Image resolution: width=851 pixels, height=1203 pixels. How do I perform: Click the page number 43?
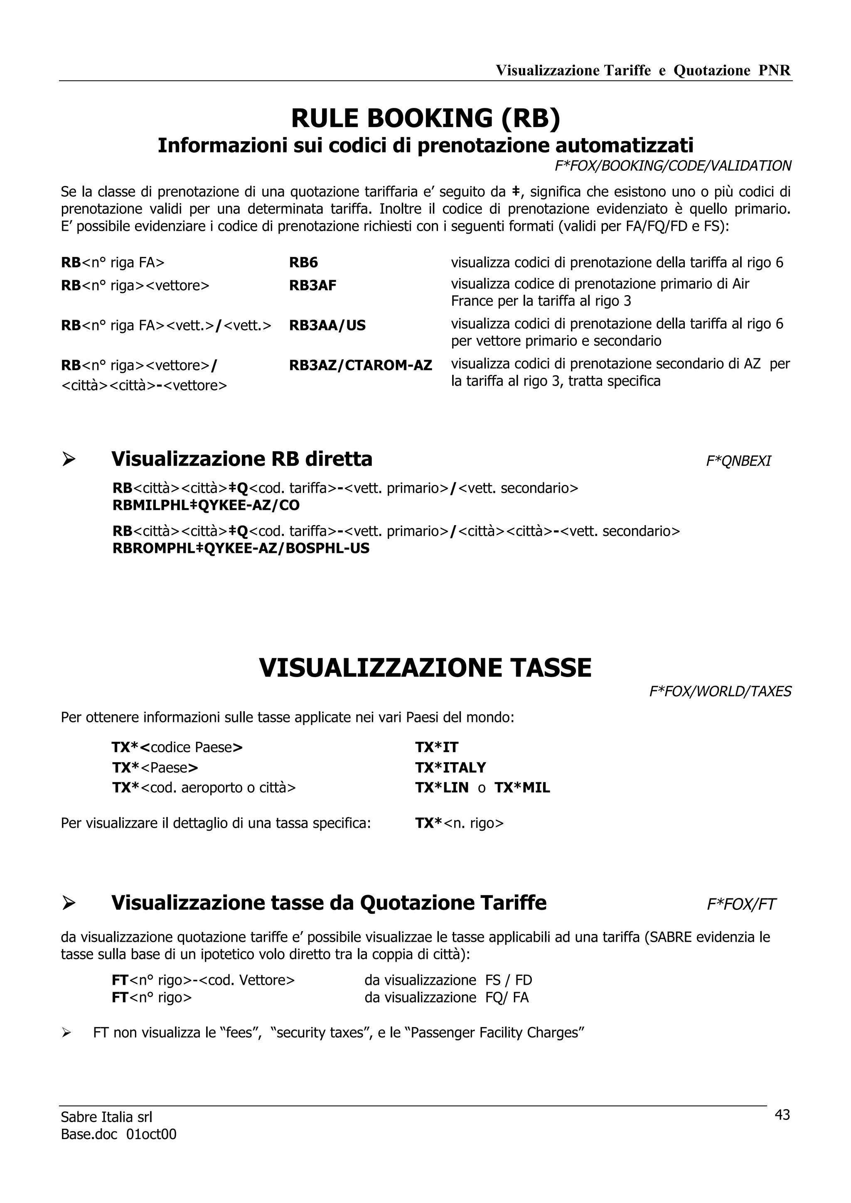click(x=782, y=1115)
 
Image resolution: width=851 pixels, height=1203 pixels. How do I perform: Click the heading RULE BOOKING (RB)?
click(x=425, y=118)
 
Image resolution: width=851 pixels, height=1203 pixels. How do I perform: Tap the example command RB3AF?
click(x=312, y=286)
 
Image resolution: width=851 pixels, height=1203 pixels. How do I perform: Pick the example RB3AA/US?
click(x=327, y=325)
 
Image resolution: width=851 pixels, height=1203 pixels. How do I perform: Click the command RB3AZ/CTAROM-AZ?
click(x=360, y=365)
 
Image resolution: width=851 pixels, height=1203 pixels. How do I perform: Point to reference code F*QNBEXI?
click(x=738, y=461)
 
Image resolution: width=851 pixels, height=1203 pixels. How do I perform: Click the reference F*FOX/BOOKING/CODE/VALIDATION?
click(x=673, y=166)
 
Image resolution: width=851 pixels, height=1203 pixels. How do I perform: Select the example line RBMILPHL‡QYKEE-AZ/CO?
click(x=206, y=505)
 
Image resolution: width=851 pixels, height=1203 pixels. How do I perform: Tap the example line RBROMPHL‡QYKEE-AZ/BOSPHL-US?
click(x=241, y=549)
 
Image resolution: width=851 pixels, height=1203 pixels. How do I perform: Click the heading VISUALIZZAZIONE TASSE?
click(x=425, y=668)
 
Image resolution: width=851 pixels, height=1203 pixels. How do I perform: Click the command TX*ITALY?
click(x=450, y=768)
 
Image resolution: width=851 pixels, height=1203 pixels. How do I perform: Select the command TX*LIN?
click(x=441, y=788)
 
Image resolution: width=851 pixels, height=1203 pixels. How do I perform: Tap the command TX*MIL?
click(x=522, y=788)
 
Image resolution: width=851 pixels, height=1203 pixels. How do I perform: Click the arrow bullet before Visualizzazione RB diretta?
click(x=69, y=460)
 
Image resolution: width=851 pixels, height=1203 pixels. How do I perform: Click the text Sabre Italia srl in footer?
click(x=106, y=1117)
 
